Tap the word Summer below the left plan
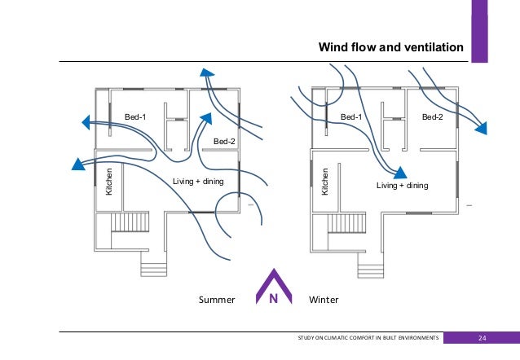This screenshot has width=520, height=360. [217, 300]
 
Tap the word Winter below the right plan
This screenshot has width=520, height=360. [324, 300]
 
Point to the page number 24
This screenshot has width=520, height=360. [482, 338]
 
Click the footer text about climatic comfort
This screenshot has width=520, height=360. [371, 338]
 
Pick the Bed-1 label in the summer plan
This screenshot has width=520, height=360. [135, 117]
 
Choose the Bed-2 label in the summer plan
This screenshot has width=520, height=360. [223, 142]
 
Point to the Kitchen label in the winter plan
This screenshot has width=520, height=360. [324, 181]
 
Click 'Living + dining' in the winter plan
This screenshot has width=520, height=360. [402, 186]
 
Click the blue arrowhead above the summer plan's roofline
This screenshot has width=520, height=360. [209, 74]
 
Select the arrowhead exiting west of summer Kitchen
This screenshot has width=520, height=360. [78, 164]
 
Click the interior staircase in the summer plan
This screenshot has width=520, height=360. [128, 222]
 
